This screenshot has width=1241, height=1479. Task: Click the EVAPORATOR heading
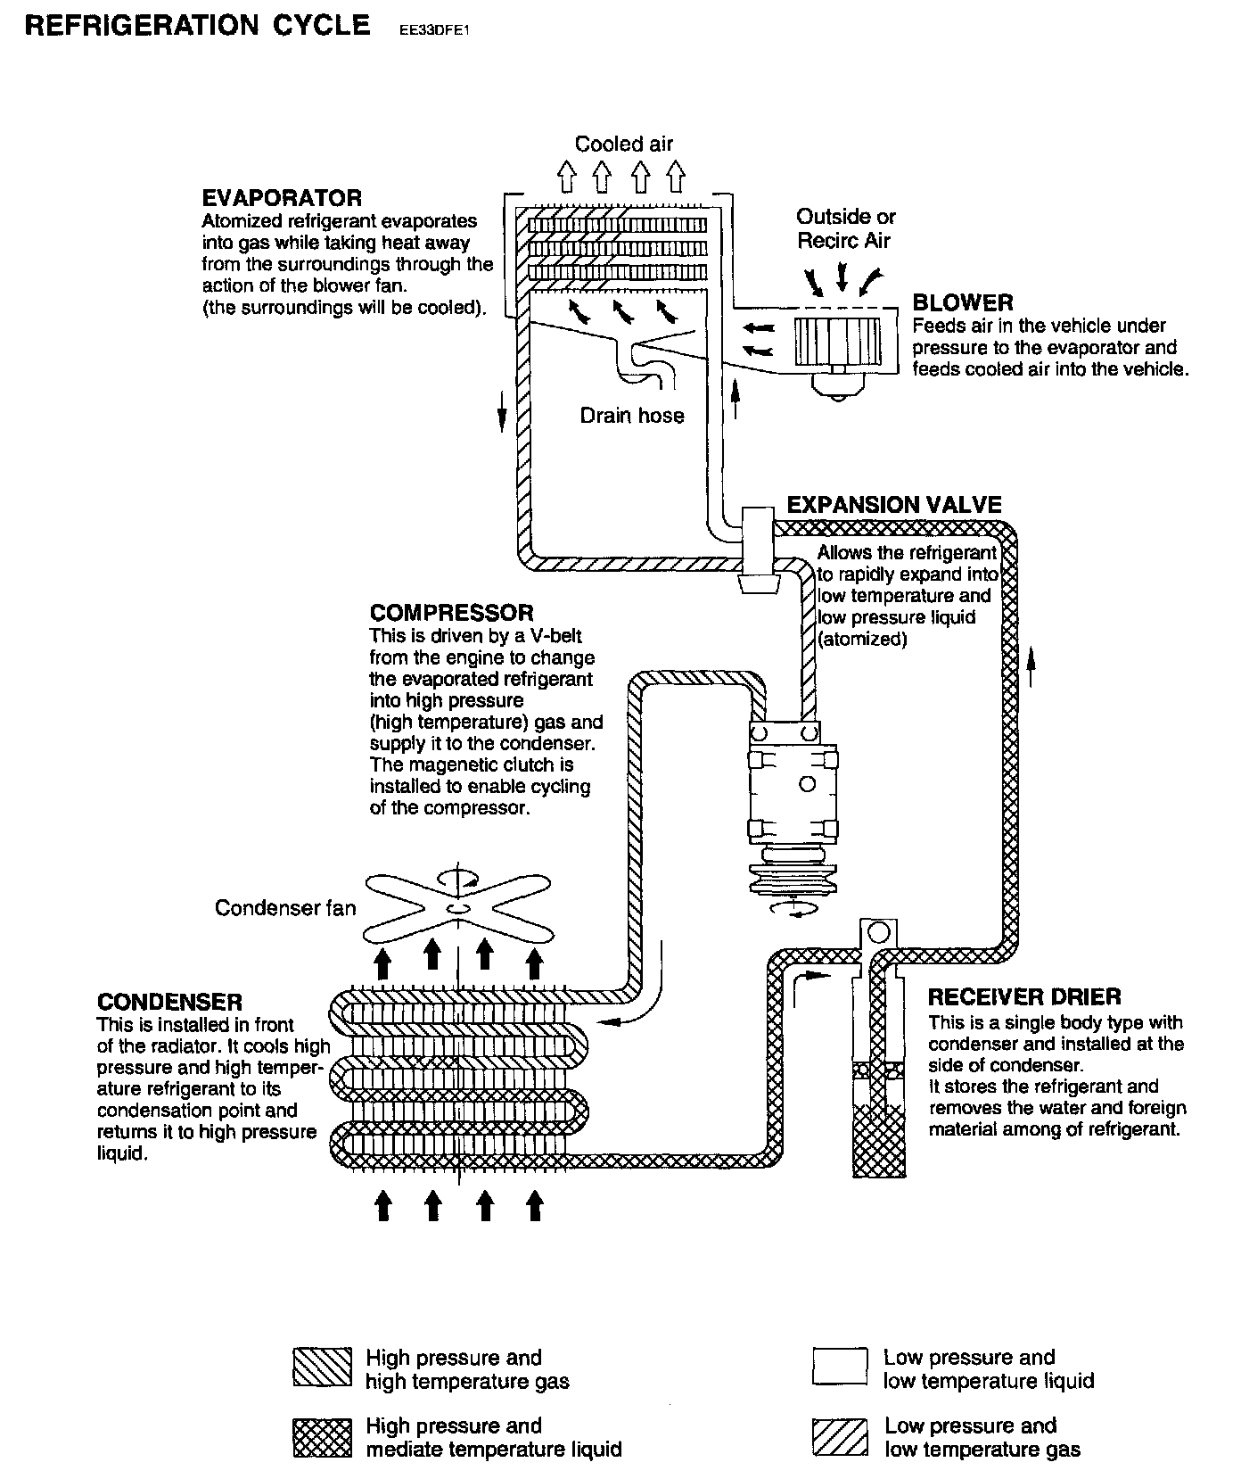point(282,198)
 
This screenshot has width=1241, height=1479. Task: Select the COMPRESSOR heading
point(451,613)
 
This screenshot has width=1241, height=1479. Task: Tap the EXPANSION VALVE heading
point(894,505)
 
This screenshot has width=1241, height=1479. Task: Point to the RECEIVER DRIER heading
point(1024,996)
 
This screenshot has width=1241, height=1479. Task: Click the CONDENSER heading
point(169,1002)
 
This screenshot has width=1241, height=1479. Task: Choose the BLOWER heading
point(963,302)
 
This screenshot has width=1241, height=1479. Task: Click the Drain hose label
point(631,416)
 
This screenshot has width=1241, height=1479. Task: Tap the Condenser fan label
point(284,908)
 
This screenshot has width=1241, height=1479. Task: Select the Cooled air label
point(623,144)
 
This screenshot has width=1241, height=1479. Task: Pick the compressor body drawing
point(793,794)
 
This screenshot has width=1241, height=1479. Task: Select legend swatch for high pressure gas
point(321,1368)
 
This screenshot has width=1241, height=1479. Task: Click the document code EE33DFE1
point(428,30)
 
